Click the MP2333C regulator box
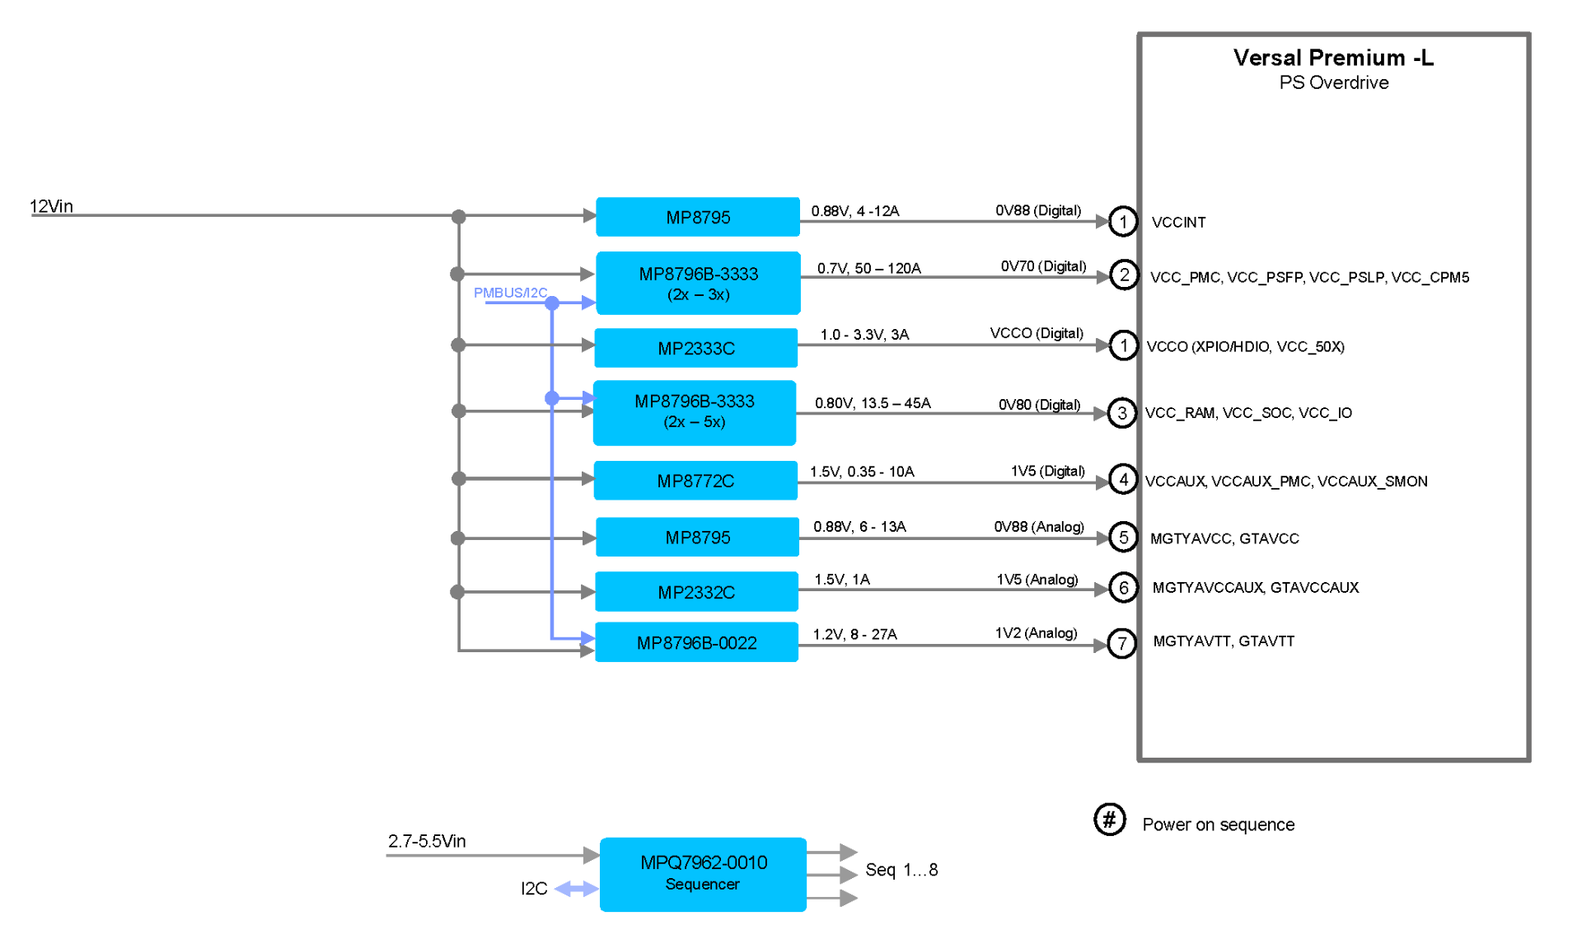point(695,348)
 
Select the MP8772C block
point(695,481)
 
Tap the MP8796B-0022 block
point(696,642)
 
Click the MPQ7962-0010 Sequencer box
point(703,874)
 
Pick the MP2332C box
point(696,591)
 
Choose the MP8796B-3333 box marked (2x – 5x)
point(695,412)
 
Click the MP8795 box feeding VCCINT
point(698,217)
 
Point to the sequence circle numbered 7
point(1122,643)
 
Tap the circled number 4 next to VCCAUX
point(1123,479)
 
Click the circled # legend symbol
point(1110,820)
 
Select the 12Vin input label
point(51,206)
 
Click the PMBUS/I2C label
point(510,293)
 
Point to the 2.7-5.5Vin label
point(427,841)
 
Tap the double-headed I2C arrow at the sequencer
point(577,889)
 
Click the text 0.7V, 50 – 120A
point(868,268)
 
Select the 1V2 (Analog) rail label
point(1036,632)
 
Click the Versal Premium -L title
point(1333,58)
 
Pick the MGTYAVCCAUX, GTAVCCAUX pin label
point(1256,587)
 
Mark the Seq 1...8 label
point(901,870)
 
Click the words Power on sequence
point(1218,825)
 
